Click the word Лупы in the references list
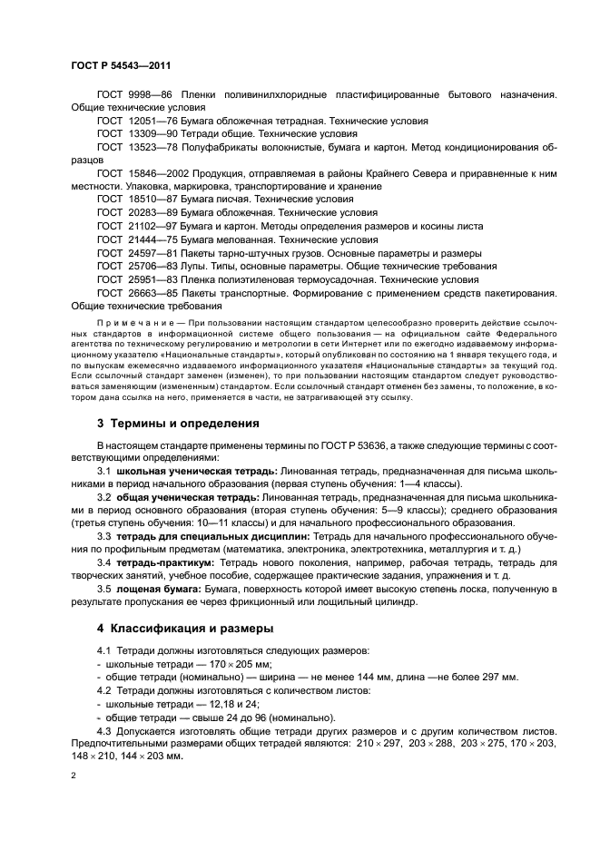(x=193, y=266)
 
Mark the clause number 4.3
(x=103, y=731)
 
